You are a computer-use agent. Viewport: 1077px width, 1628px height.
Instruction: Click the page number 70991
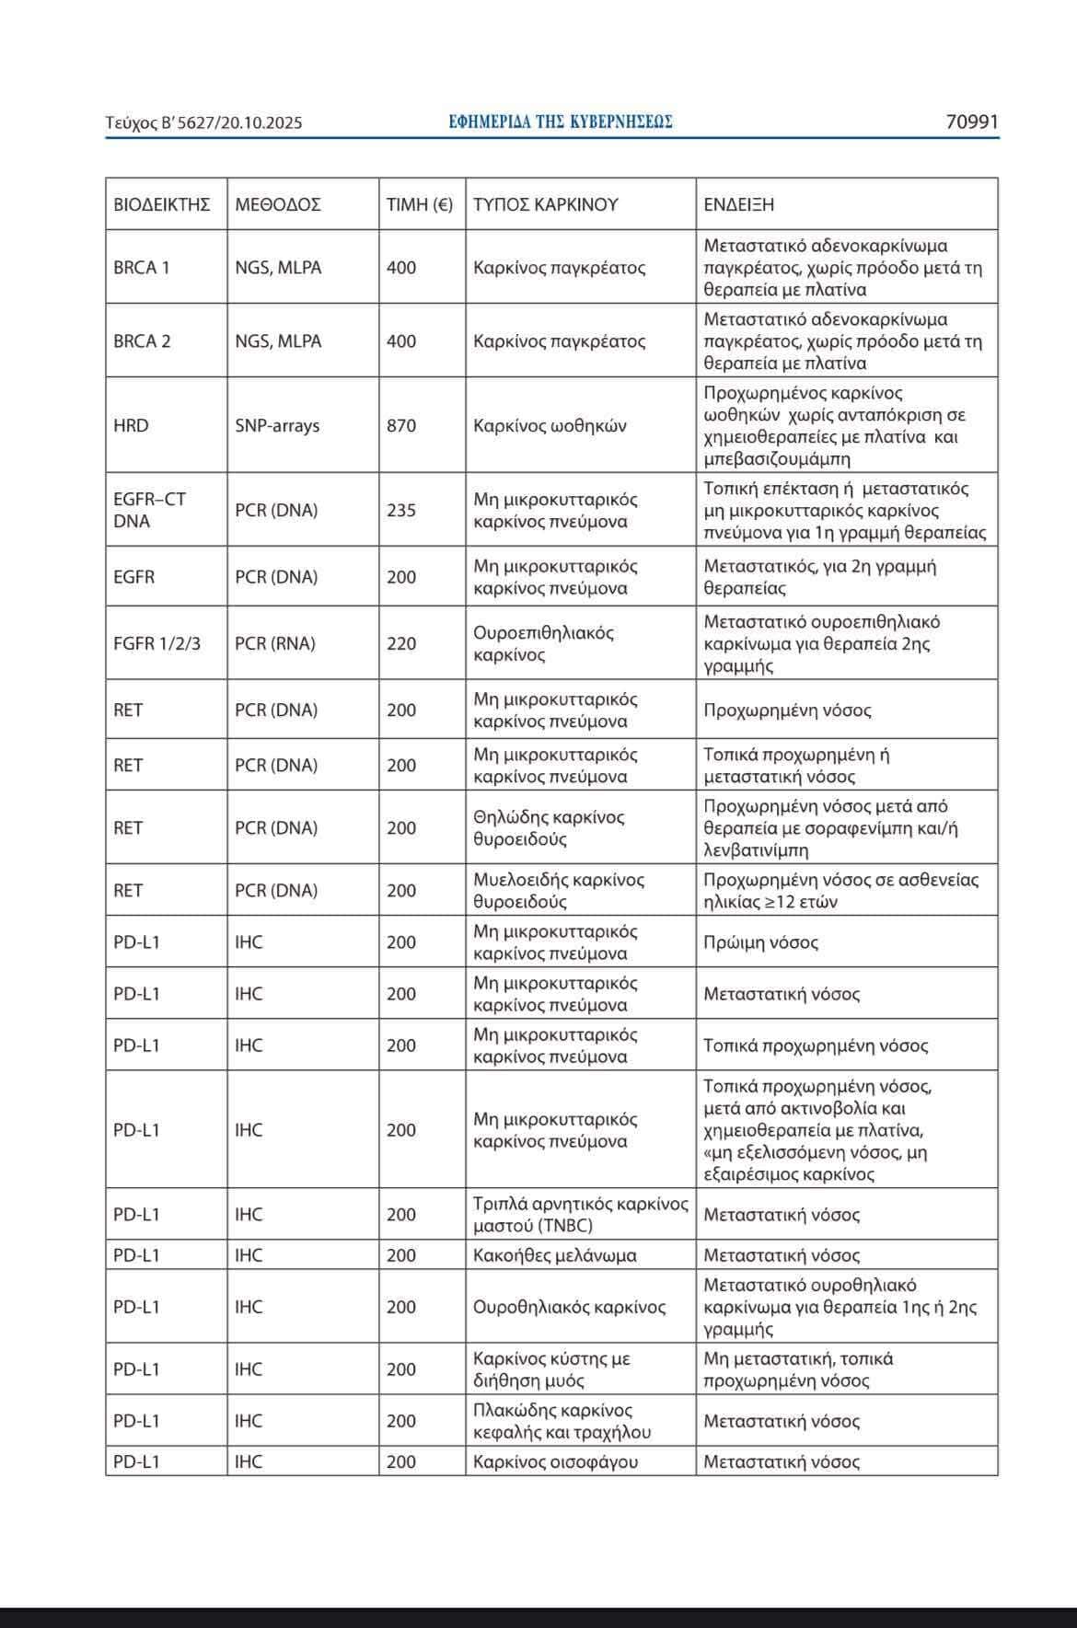coord(972,121)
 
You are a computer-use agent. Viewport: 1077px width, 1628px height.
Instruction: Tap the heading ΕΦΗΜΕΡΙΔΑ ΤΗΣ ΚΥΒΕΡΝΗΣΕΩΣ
coord(561,121)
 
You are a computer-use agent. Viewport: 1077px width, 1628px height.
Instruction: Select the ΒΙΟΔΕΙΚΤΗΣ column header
coord(162,204)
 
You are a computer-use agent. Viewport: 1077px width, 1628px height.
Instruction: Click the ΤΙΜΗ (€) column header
coord(420,204)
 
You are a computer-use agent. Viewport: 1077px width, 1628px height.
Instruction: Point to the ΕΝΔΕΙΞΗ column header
coord(739,204)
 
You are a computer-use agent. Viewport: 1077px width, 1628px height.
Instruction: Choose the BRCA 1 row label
coord(142,268)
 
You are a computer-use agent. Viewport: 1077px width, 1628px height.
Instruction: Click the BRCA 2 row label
coord(142,341)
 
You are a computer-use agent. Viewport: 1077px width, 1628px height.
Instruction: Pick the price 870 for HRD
coord(401,426)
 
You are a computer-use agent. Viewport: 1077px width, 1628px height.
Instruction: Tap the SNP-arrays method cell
coord(277,426)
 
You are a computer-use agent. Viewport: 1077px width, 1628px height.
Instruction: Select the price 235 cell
coord(401,510)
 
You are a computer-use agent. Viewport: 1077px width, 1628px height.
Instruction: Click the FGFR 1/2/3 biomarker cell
coord(156,643)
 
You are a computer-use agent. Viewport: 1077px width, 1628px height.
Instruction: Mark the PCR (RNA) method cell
coord(275,643)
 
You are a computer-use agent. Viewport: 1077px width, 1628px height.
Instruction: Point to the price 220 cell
coord(401,643)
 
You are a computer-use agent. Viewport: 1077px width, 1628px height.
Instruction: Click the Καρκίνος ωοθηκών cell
coord(550,426)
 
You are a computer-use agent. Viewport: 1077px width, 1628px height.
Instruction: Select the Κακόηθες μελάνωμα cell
coord(555,1255)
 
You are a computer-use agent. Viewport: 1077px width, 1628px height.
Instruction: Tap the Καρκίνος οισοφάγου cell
coord(555,1461)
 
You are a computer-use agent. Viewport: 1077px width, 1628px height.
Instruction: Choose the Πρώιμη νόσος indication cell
coord(760,942)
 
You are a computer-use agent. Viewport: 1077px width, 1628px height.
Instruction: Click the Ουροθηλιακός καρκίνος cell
coord(569,1307)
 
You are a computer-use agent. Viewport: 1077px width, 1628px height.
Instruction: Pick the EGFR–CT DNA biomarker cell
coord(149,510)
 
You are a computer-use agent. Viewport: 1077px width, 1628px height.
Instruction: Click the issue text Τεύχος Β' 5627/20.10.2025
coord(203,122)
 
